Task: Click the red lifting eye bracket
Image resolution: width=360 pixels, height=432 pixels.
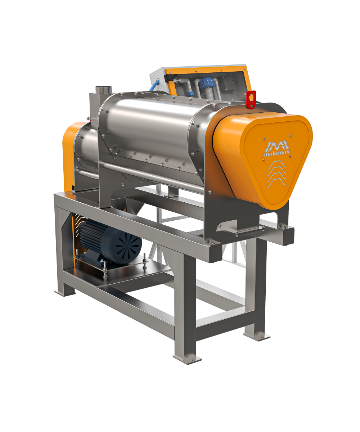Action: tap(251, 100)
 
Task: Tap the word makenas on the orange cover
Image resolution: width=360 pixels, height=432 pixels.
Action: tap(276, 153)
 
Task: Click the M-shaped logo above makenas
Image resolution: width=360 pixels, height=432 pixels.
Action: tap(277, 145)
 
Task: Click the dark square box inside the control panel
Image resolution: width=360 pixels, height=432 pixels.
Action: tap(228, 84)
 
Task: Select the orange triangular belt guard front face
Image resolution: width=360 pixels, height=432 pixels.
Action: tap(276, 161)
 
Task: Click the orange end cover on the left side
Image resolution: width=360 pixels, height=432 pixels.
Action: tap(71, 155)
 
